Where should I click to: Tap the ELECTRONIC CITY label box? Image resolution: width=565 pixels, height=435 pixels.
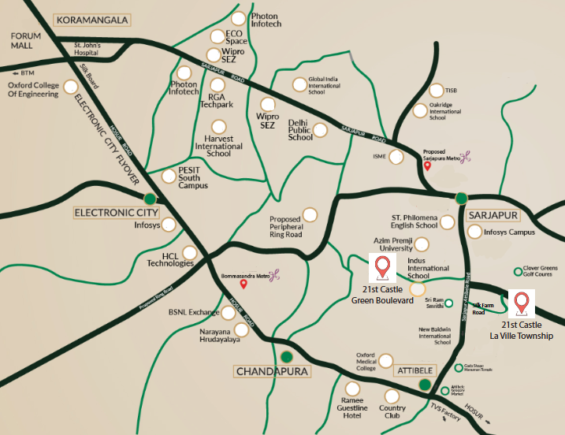coord(117,213)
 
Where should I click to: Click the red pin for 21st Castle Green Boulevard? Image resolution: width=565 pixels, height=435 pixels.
coord(382,267)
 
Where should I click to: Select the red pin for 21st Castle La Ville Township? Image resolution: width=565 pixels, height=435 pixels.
coord(521,303)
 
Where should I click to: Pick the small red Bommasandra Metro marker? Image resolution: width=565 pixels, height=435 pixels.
coord(244,284)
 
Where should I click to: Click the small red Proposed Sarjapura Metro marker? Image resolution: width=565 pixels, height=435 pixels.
coord(427,165)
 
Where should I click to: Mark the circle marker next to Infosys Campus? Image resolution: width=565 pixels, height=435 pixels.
coord(474,232)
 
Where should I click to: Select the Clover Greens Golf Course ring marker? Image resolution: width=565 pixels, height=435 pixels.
coord(519,272)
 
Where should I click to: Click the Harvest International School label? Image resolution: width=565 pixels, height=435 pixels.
coord(219,146)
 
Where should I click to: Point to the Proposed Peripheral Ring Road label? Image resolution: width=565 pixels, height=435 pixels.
coord(285,227)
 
